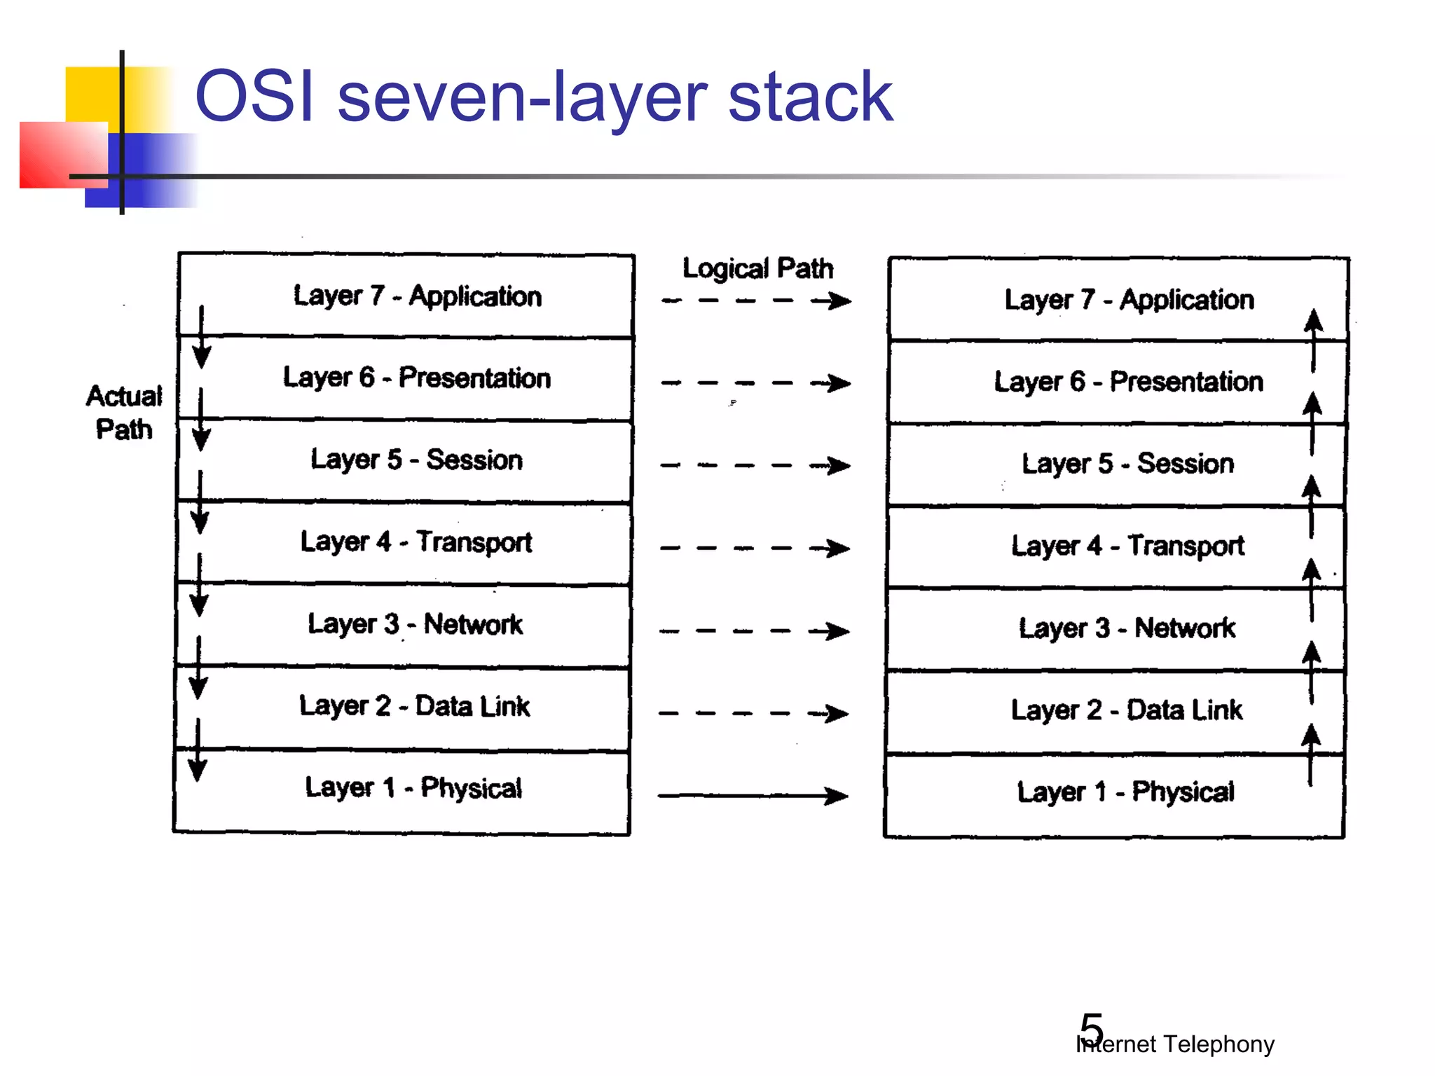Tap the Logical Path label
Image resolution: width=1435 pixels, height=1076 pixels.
757,268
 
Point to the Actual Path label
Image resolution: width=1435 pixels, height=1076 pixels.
124,413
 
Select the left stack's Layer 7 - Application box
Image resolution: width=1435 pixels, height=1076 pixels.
417,296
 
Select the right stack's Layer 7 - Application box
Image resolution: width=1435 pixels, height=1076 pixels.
1128,300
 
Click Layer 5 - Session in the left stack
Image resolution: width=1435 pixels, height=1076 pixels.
417,460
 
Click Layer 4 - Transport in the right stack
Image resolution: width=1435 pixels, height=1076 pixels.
1127,546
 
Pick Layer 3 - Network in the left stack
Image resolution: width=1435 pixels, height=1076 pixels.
415,624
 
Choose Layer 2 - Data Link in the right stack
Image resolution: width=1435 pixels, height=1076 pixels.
1126,710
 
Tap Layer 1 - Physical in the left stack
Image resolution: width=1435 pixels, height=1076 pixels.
413,788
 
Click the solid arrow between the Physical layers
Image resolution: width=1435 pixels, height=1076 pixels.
753,796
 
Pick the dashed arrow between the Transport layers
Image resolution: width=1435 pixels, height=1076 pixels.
755,549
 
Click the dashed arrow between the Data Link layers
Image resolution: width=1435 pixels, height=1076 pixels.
753,714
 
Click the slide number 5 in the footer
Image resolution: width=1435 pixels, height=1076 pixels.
1092,1028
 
